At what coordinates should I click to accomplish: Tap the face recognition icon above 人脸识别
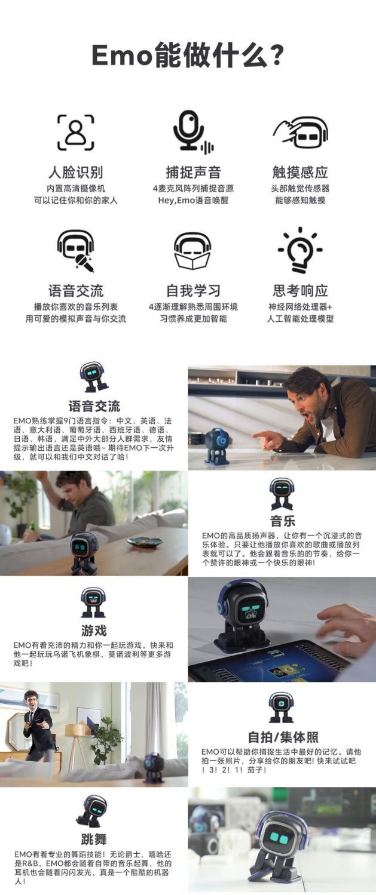[75, 132]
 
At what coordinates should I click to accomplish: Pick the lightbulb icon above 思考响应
[300, 250]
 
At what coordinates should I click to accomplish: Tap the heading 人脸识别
[75, 173]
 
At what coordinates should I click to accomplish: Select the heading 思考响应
[300, 291]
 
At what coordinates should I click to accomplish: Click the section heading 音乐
[282, 520]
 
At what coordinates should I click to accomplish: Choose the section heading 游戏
[94, 630]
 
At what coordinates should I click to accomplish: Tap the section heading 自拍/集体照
[282, 736]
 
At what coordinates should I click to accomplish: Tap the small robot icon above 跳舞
[93, 810]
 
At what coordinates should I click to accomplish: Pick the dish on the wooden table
[144, 542]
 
